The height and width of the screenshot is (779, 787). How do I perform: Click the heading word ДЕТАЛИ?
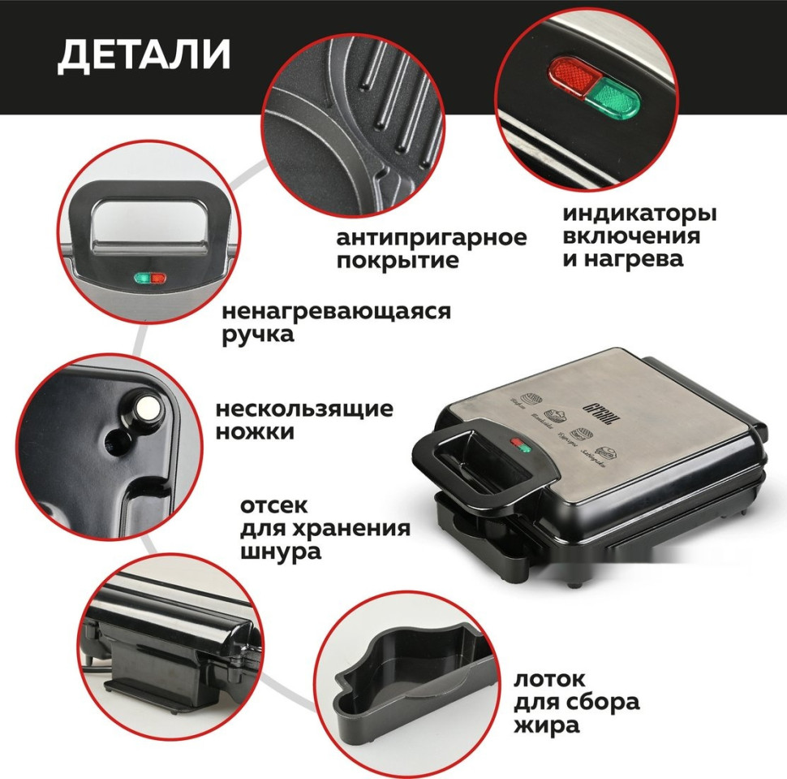coord(144,54)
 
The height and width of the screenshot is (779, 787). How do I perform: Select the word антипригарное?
coord(431,238)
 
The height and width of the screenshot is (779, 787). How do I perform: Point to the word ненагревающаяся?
coord(336,312)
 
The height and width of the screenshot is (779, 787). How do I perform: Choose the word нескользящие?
coord(304,409)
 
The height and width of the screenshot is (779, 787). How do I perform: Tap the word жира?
coord(546,724)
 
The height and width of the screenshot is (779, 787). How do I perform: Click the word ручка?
coord(258,334)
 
